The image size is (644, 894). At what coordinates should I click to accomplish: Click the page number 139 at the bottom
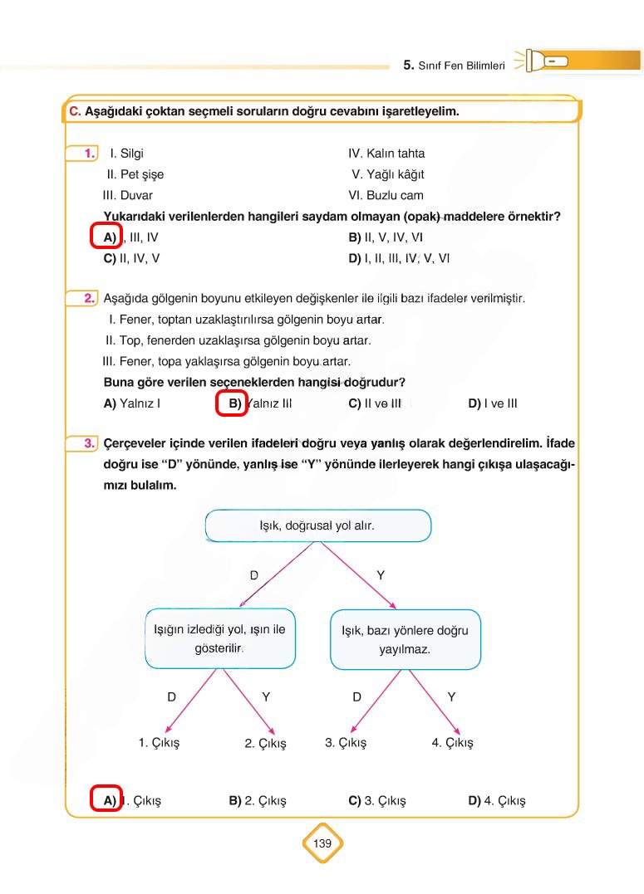(x=322, y=843)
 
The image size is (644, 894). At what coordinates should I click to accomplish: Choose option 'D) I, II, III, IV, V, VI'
(x=399, y=258)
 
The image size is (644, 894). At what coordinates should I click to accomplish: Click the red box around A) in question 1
(x=106, y=237)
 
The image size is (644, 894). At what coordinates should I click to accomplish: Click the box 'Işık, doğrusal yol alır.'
(x=317, y=525)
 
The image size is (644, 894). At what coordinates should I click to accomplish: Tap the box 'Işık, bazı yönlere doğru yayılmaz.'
(x=405, y=639)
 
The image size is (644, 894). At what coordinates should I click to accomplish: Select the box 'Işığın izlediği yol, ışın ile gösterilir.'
(x=219, y=638)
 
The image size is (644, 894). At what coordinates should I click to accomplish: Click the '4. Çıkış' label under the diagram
(x=452, y=743)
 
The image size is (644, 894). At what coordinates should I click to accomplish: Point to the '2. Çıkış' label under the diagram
(x=265, y=744)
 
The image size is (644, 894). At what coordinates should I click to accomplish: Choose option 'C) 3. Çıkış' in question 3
(x=377, y=801)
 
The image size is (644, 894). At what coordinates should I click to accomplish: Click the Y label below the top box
(x=381, y=575)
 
